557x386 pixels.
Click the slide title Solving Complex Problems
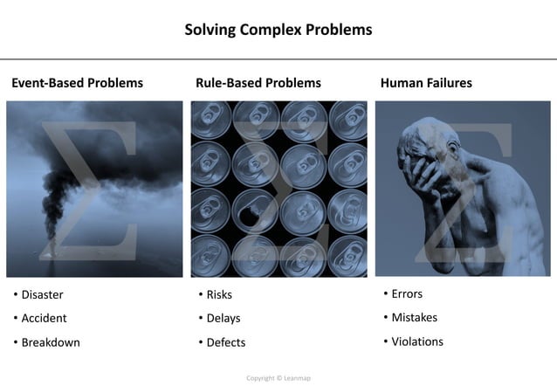click(x=278, y=30)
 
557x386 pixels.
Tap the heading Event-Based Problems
click(x=77, y=83)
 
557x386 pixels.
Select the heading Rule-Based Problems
click(x=258, y=83)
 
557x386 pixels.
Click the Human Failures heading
click(x=426, y=83)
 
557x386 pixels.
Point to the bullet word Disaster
click(x=42, y=294)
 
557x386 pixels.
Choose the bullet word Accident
click(x=44, y=318)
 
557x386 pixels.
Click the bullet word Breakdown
click(x=51, y=342)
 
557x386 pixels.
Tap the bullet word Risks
click(x=219, y=294)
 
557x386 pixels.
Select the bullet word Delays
click(x=223, y=318)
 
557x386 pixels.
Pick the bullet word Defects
click(x=226, y=342)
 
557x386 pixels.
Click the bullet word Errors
click(x=407, y=293)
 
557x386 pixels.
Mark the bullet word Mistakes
click(x=414, y=317)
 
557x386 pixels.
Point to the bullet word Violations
click(x=417, y=341)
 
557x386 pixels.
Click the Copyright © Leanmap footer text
click(x=278, y=378)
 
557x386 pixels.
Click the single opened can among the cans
click(x=255, y=210)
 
